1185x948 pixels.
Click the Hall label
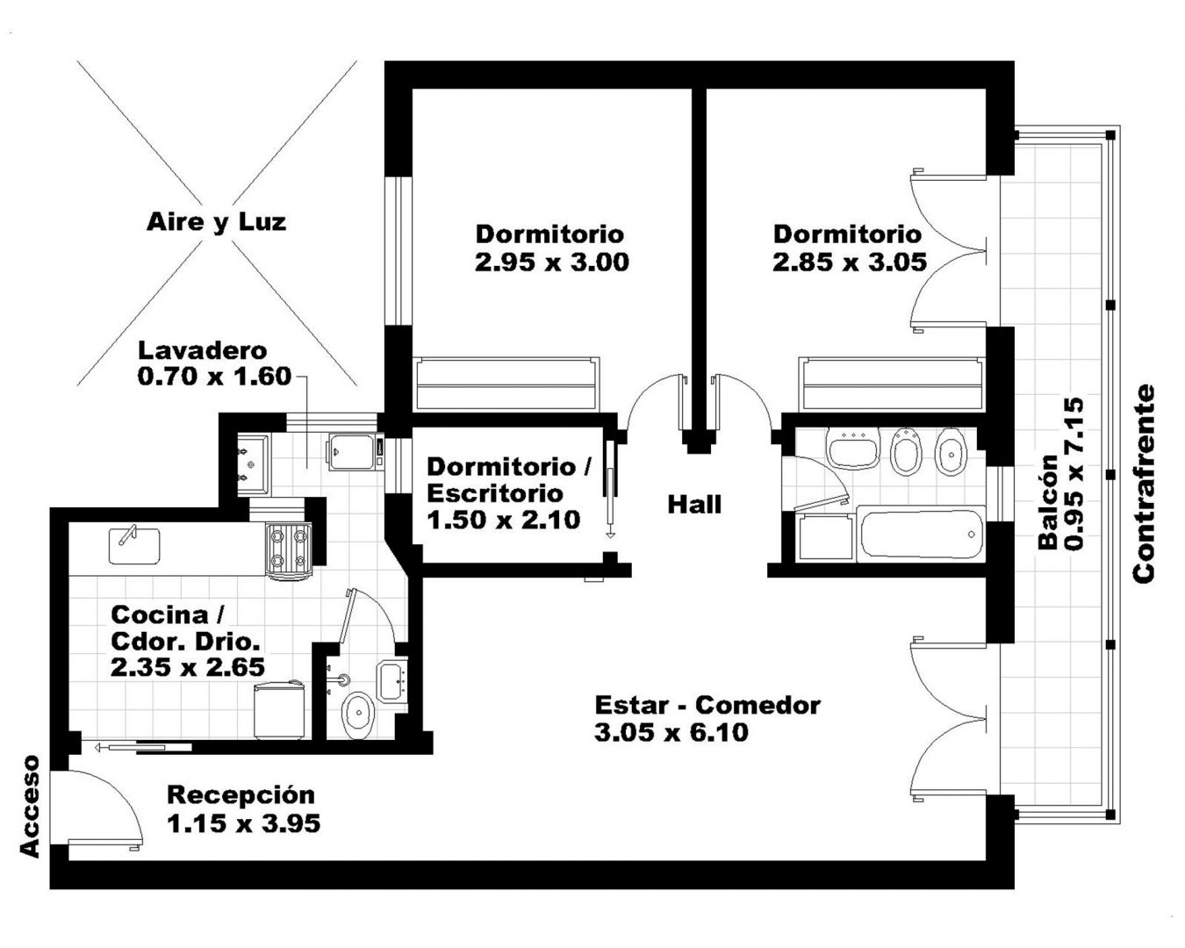pos(694,504)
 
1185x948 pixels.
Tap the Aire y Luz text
pos(217,222)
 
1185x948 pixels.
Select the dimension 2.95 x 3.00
pos(552,262)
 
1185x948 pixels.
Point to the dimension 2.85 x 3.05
pos(850,262)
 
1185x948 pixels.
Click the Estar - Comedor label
pos(707,705)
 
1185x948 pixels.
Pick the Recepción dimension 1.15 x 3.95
pos(243,823)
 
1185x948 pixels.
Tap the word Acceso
pos(31,806)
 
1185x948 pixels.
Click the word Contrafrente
pos(1144,484)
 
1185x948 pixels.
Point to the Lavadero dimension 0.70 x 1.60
pos(214,377)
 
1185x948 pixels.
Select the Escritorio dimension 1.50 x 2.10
pos(503,520)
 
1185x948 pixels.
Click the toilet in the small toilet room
pos(358,714)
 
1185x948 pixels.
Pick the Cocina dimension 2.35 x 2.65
pos(188,668)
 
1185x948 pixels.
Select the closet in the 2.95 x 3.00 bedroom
pos(506,384)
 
